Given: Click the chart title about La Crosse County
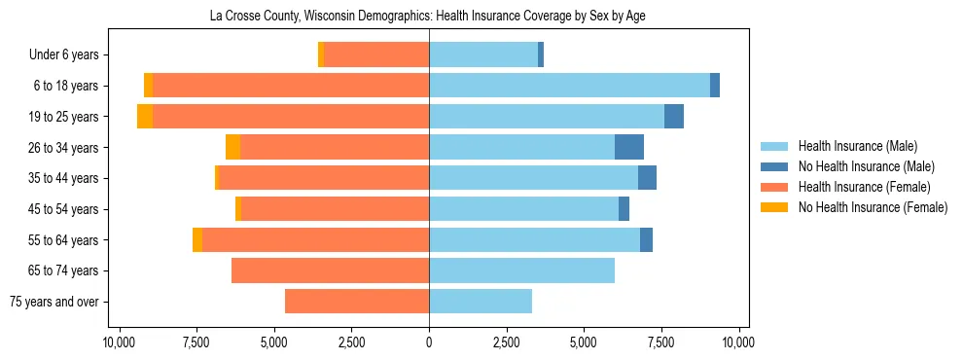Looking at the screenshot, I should pos(428,17).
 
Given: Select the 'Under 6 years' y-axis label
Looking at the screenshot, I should pos(70,55).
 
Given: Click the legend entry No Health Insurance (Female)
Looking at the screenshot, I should pos(872,207).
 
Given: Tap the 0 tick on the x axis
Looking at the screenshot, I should pos(429,342).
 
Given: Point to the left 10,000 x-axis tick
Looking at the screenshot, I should pos(119,342).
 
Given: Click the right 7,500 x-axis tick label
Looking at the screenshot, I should pos(661,342).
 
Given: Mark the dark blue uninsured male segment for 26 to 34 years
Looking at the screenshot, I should pos(629,147).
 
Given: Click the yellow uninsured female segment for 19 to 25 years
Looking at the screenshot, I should pos(145,117).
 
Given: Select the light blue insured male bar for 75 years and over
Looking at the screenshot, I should pos(481,302).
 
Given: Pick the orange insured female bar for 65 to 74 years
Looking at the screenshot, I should pos(331,270).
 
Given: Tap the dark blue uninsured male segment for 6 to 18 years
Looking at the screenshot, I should pos(715,86).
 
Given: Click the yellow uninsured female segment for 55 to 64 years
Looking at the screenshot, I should pos(197,240).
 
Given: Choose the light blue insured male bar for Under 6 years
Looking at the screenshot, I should pos(483,55).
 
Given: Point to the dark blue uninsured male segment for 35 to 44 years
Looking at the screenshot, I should pos(647,178).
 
